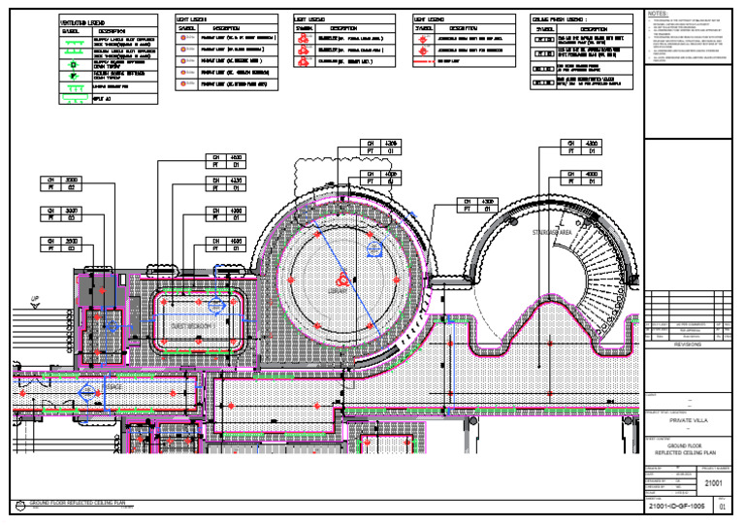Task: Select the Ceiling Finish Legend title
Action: click(x=559, y=18)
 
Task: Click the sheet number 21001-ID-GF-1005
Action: click(x=676, y=507)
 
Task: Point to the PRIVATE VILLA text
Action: click(x=684, y=421)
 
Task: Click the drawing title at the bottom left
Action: click(x=78, y=504)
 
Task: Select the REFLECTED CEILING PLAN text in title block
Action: click(x=684, y=452)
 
